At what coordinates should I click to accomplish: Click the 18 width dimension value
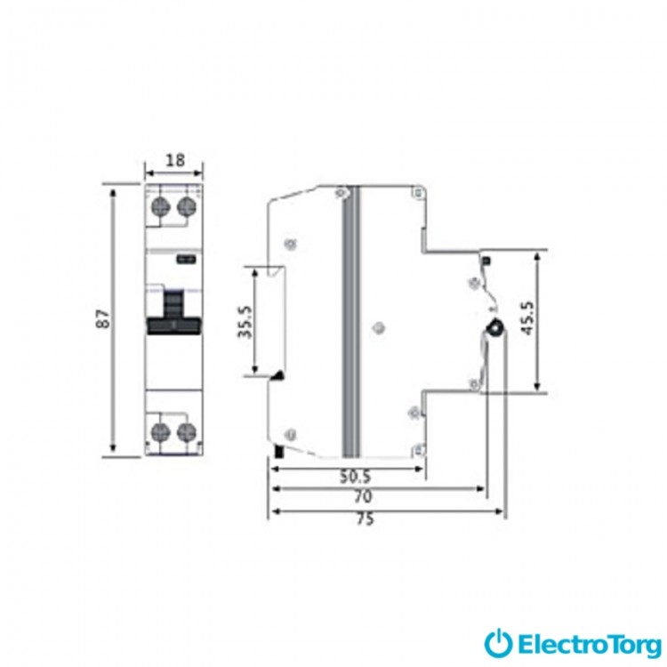[175, 160]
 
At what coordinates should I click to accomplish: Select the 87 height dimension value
[103, 318]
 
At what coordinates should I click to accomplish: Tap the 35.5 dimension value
[245, 322]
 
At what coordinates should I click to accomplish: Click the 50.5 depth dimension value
[356, 478]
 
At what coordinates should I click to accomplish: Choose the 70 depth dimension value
[363, 496]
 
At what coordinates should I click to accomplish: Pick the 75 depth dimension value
[366, 519]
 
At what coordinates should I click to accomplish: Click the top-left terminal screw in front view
[161, 206]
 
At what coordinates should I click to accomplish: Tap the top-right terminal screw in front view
[187, 206]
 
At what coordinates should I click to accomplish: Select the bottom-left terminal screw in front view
[161, 432]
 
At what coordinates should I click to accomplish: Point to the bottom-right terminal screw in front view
[187, 432]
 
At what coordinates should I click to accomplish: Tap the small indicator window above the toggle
[187, 259]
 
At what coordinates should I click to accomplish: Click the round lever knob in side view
[495, 328]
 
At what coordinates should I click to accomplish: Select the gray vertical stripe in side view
[351, 322]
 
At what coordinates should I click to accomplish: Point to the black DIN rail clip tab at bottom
[279, 451]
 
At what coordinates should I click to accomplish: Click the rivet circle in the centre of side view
[378, 328]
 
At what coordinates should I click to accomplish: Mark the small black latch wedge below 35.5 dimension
[277, 375]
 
